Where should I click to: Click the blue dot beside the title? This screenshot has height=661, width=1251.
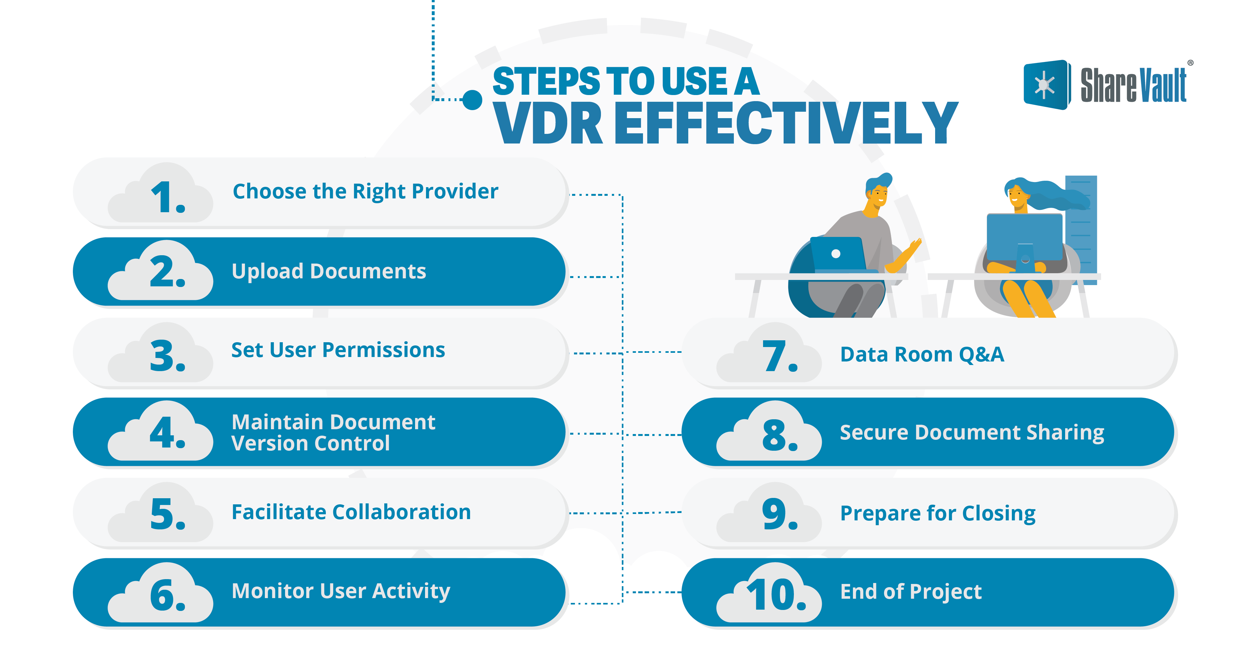point(472,100)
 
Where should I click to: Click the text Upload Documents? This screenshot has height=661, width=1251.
point(329,271)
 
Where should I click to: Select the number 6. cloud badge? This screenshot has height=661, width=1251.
point(160,593)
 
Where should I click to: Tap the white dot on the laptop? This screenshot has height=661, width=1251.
point(836,254)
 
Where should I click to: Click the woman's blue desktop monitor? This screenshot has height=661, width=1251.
point(1025,238)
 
